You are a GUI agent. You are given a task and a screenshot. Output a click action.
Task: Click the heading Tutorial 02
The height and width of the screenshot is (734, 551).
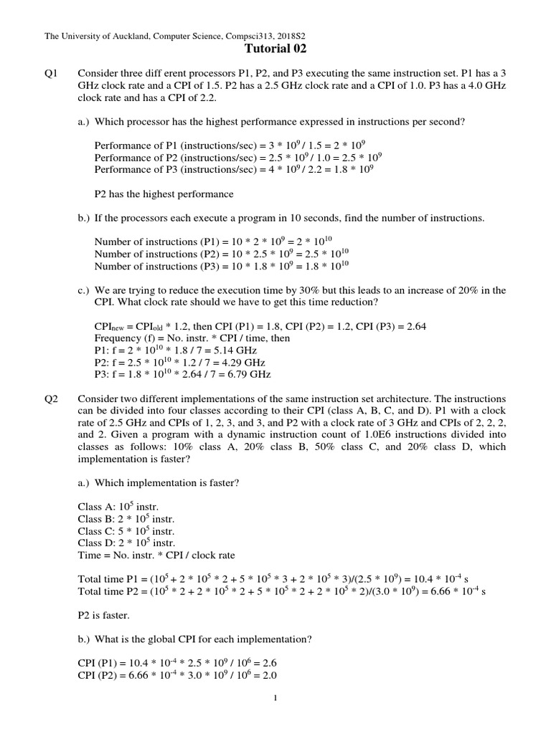275,49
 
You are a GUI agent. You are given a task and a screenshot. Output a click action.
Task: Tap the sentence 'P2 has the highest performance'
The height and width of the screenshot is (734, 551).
164,194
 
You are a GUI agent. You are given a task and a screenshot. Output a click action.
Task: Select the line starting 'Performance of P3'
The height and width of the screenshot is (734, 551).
234,170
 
